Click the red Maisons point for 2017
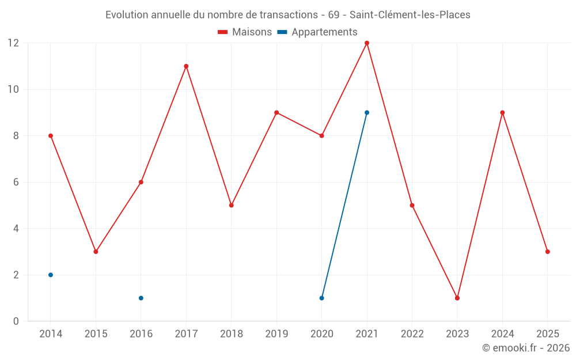(186, 66)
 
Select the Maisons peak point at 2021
(367, 43)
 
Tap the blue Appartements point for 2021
(367, 112)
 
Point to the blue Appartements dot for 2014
(51, 275)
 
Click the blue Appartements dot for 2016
(141, 298)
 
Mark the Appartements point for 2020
(321, 298)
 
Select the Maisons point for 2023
(457, 298)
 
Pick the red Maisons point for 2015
(96, 252)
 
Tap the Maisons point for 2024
(502, 112)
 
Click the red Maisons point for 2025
(548, 252)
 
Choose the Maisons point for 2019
(276, 112)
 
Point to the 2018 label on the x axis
(231, 334)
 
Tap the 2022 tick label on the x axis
(412, 334)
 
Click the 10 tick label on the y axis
(14, 89)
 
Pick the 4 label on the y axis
(16, 229)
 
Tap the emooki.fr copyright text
(525, 348)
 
